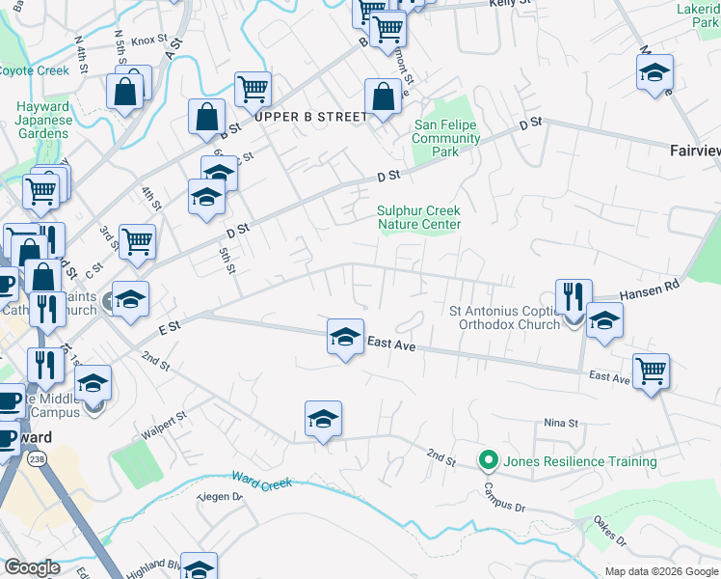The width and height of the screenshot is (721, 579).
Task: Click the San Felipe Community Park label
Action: pos(446,138)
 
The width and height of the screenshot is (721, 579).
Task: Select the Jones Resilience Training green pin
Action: pos(489,461)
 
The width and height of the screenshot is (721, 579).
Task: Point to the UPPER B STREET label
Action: pos(311,117)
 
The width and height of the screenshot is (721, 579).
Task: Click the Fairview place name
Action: pos(694,151)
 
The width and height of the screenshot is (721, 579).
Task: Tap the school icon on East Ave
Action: pos(345,337)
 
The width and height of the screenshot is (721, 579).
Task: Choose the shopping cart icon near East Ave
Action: pos(651,371)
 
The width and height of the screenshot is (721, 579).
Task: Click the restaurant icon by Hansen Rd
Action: pos(574,295)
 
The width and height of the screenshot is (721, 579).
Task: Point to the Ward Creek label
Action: pos(261,481)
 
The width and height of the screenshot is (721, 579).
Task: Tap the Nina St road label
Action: pos(560,423)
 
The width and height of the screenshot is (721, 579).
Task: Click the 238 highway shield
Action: pos(37,458)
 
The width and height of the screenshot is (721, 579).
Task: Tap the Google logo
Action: pos(32,567)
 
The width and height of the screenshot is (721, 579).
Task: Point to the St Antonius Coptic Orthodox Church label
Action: pos(505,317)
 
